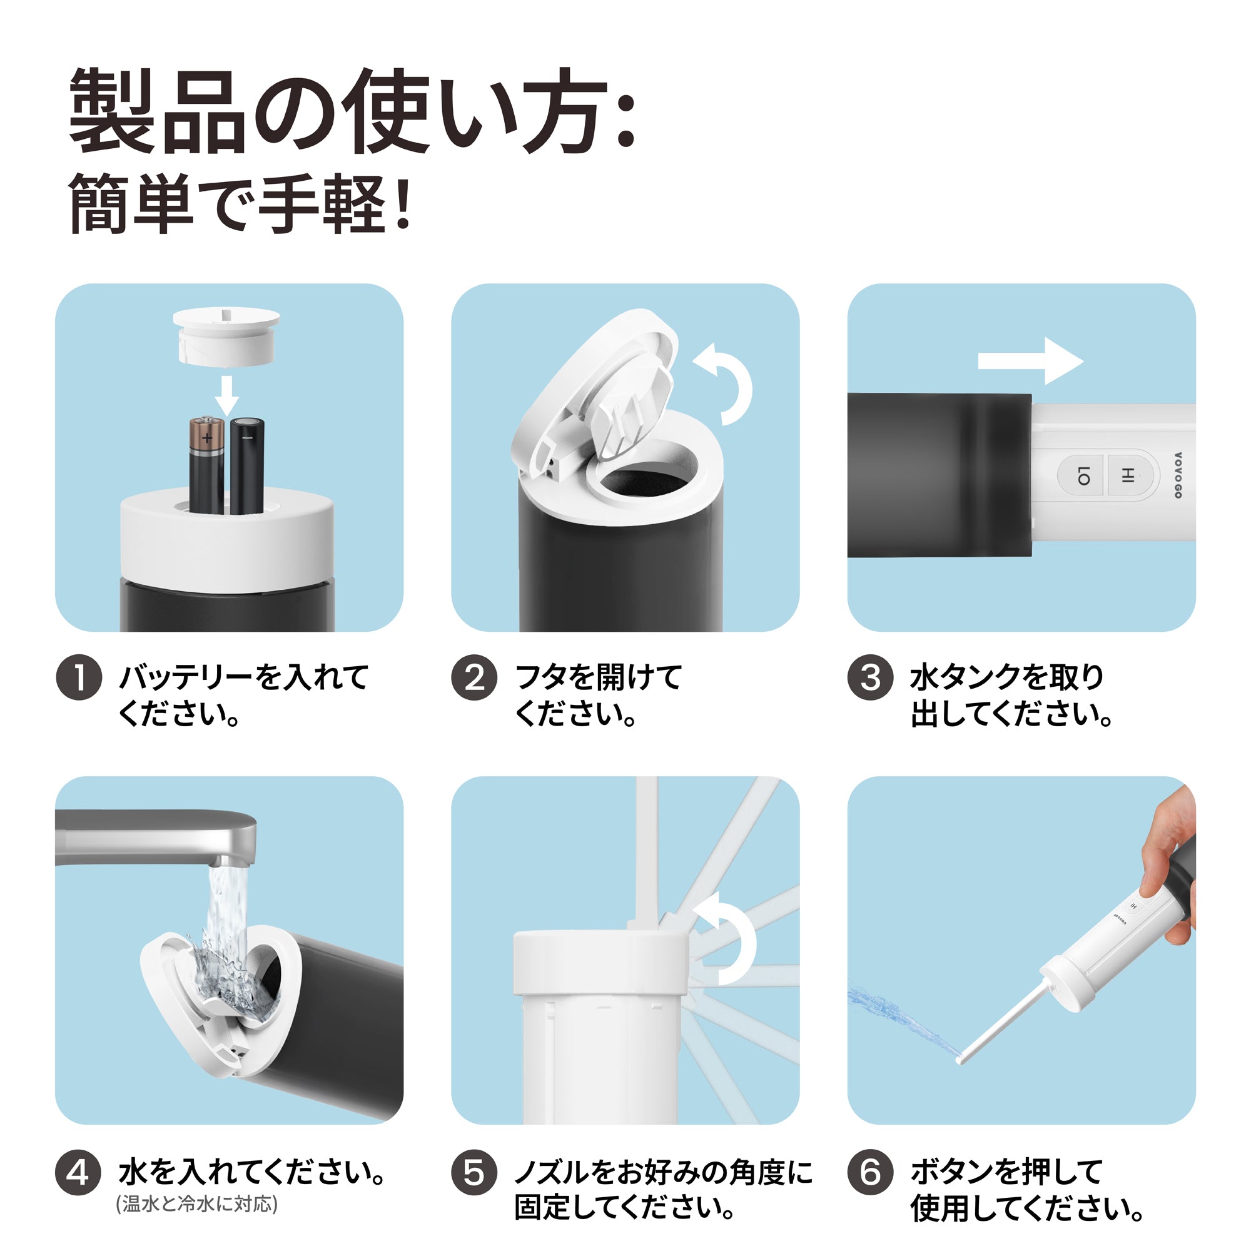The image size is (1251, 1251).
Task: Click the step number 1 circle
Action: tap(79, 678)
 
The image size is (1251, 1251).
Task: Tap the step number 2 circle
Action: tap(475, 678)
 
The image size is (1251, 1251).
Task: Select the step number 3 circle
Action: tap(871, 678)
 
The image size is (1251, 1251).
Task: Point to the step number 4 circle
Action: tap(79, 1173)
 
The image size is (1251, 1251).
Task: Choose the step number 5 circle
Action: tap(475, 1173)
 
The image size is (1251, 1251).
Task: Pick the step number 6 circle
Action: tap(871, 1173)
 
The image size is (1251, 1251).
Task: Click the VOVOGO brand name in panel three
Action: tap(1178, 475)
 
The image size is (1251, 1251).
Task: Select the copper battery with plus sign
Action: tap(207, 465)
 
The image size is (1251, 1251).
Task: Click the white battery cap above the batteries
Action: tap(226, 335)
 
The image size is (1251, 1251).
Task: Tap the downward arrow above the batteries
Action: tap(226, 396)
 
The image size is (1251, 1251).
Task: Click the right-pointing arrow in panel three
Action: tap(1030, 362)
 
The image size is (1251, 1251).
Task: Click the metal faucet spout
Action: tap(155, 838)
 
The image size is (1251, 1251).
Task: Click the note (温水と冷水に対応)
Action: tap(196, 1203)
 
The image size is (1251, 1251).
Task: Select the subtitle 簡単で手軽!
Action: tap(240, 203)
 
